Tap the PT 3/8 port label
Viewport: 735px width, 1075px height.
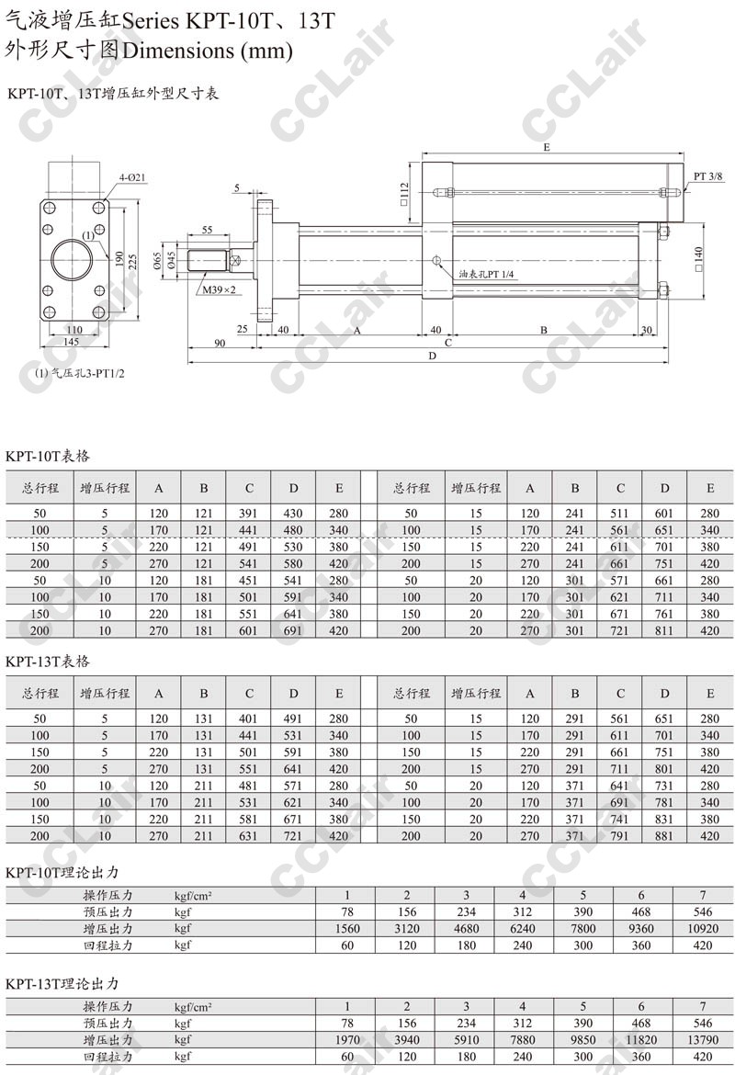(x=707, y=175)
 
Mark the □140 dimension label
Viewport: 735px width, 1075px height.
(x=699, y=256)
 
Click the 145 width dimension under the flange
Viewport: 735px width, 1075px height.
(x=72, y=342)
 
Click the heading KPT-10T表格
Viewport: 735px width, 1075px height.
(x=48, y=456)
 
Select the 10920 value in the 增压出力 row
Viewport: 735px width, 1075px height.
(x=701, y=929)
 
